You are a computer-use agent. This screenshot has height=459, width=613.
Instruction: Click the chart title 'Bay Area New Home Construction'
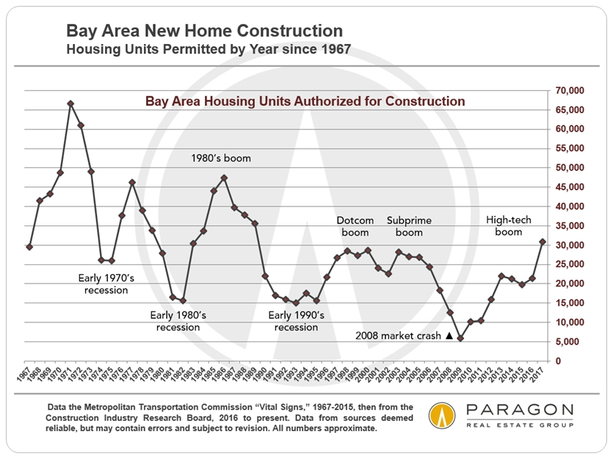[204, 31]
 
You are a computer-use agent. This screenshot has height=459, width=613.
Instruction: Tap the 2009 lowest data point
[460, 339]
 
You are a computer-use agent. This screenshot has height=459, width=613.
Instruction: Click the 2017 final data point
[543, 242]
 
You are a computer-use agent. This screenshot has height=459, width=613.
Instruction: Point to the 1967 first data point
[29, 247]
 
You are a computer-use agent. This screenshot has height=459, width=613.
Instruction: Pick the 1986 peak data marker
[224, 178]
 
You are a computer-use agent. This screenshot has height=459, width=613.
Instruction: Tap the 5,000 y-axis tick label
[570, 341]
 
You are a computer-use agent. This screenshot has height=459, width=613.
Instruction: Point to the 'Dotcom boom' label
[355, 226]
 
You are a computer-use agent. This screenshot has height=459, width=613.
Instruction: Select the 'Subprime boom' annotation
[409, 226]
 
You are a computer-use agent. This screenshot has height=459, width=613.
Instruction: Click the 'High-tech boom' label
[508, 226]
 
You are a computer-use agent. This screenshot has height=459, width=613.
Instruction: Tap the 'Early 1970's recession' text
[103, 284]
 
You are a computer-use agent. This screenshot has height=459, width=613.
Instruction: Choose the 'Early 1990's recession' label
[296, 321]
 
